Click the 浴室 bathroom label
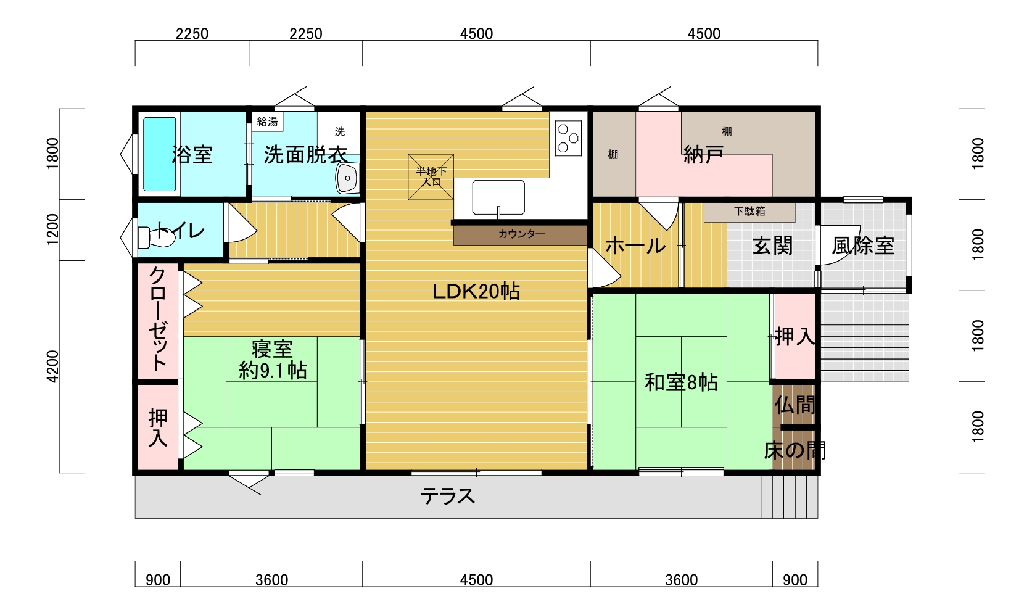point(192,155)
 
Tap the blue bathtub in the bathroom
point(159,154)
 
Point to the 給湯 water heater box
point(267,122)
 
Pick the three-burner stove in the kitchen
point(569,138)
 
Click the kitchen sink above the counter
point(498,197)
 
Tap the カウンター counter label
point(521,234)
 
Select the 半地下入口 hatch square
point(431,177)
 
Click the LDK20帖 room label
point(476,292)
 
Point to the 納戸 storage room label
point(703,155)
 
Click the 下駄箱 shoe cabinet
point(749,212)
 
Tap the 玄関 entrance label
point(773,246)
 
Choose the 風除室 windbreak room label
point(863,246)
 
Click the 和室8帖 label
point(681,382)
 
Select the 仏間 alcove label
point(795,405)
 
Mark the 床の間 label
point(795,450)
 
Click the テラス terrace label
point(447,497)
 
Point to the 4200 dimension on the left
point(53,366)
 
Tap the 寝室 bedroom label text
point(272,349)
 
